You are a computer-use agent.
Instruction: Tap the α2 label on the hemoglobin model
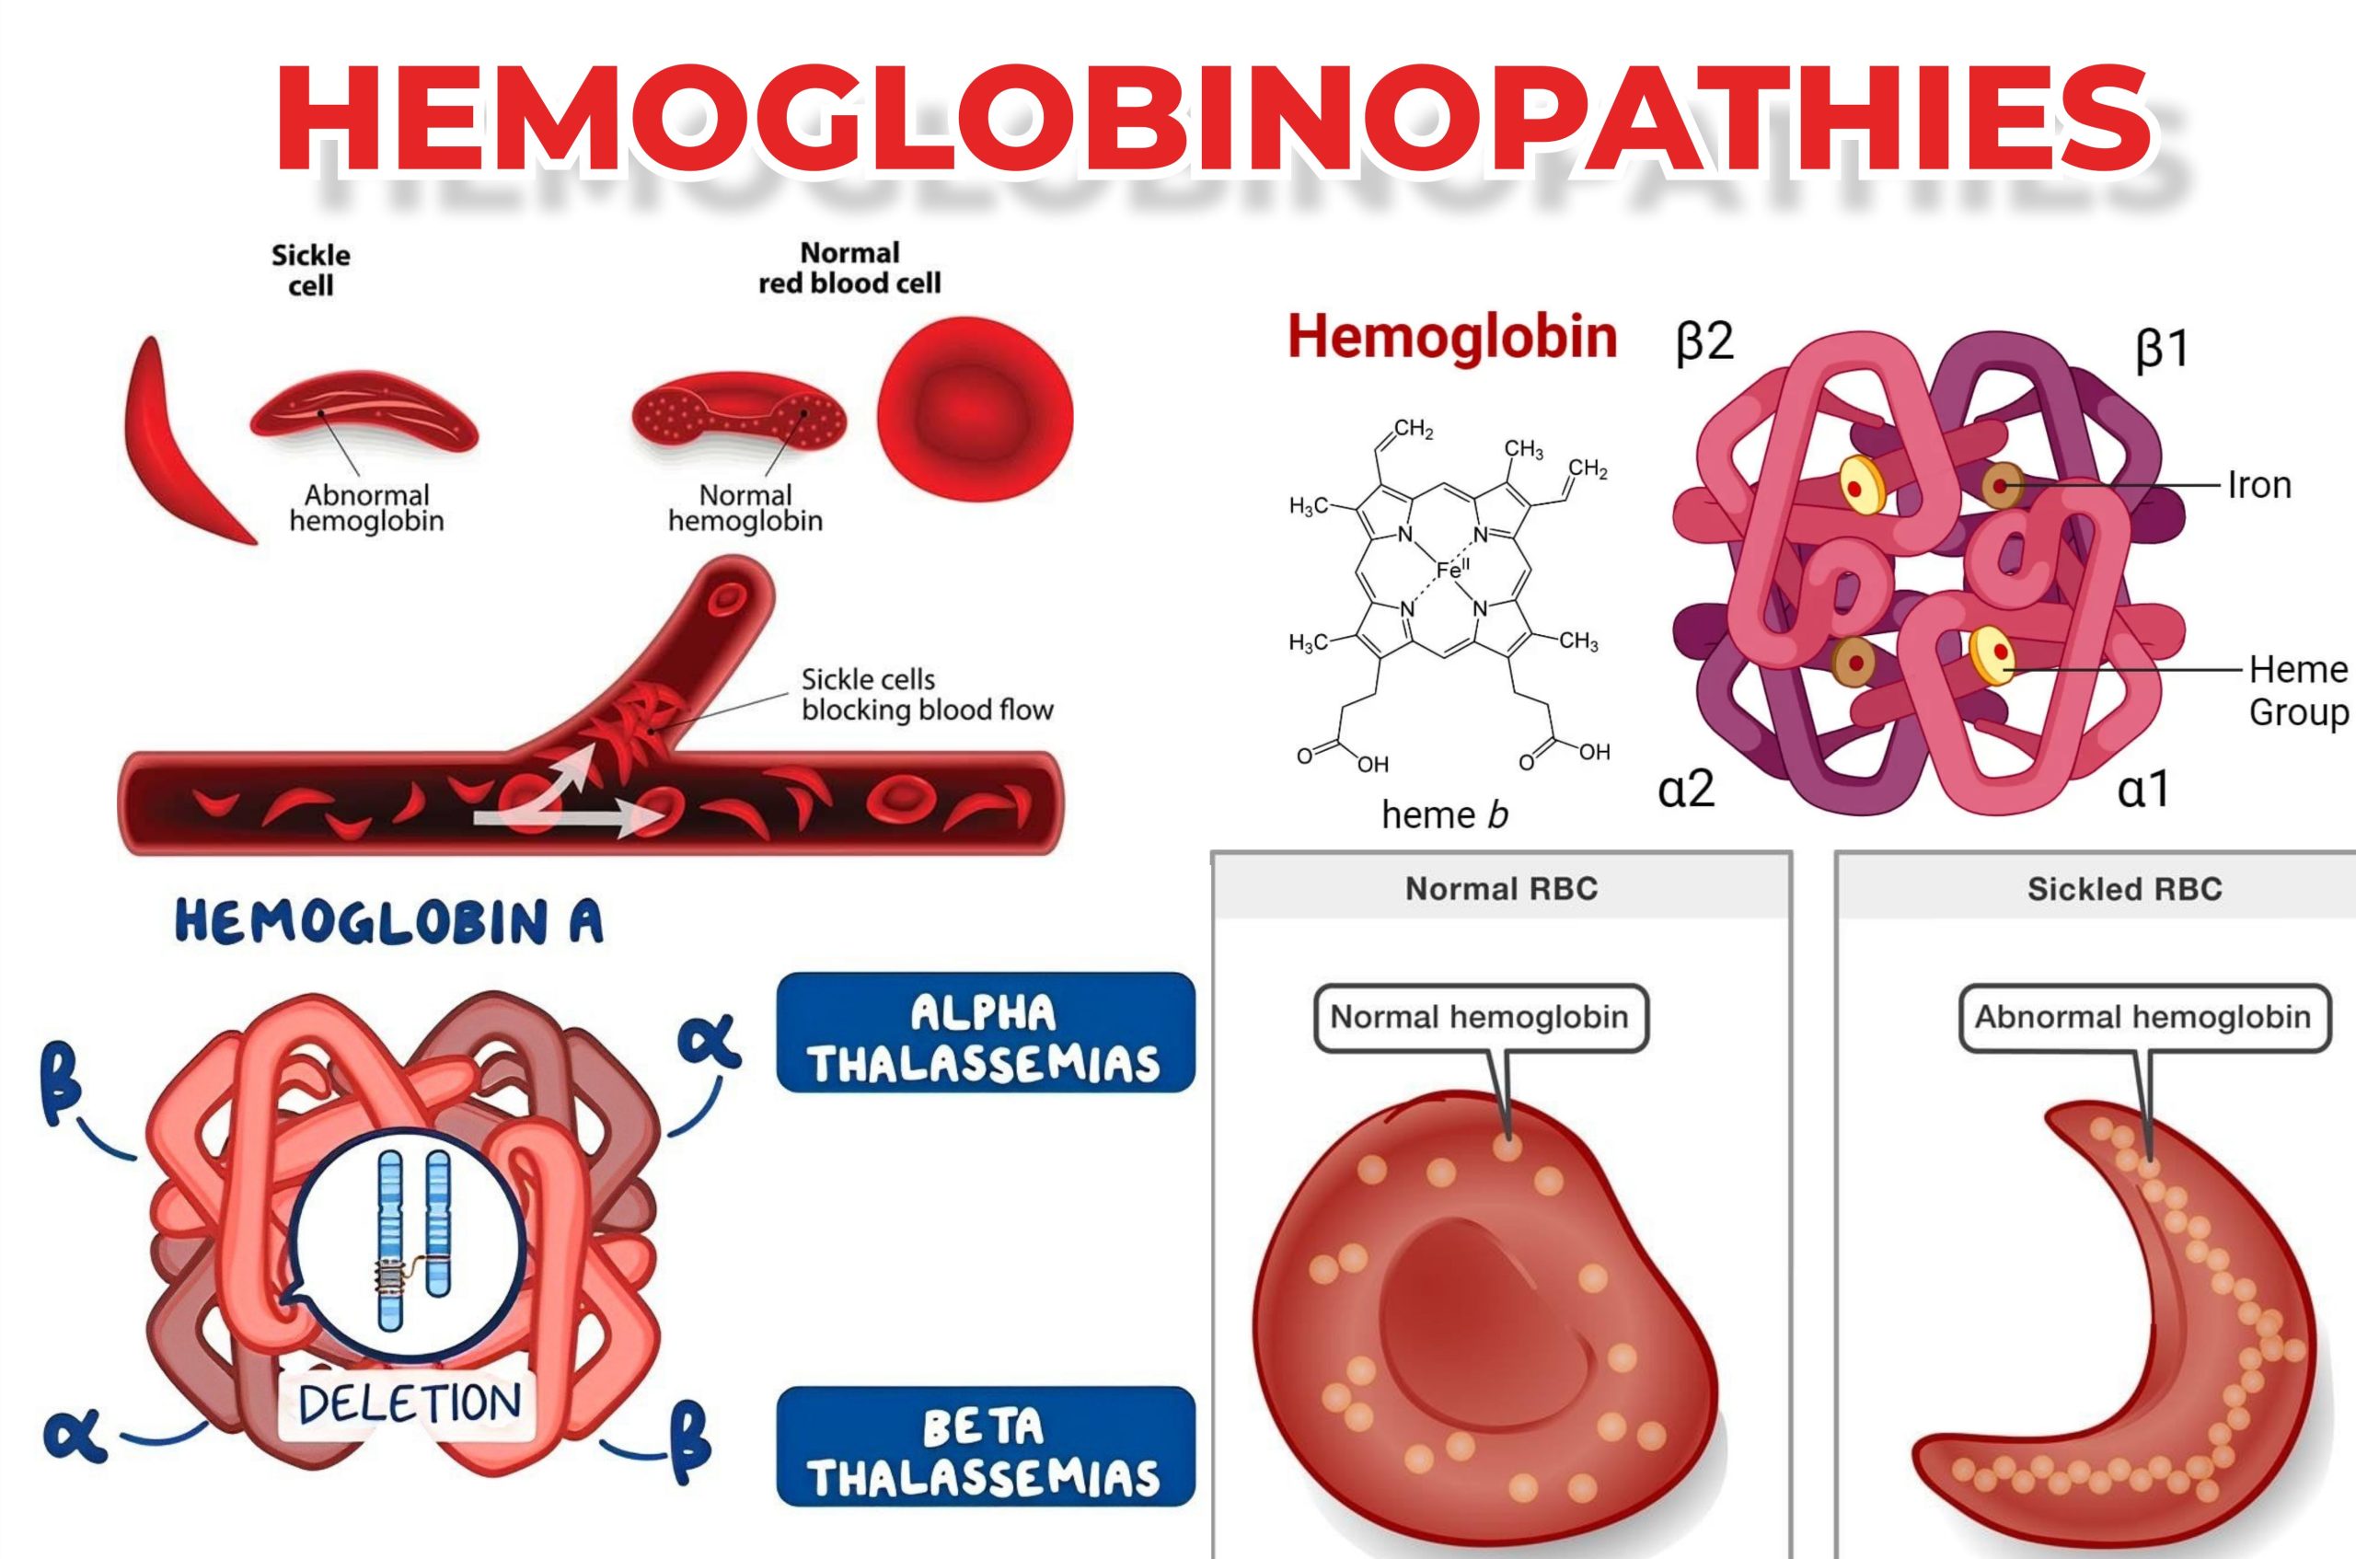tap(1687, 789)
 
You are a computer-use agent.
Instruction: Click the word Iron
tap(2258, 485)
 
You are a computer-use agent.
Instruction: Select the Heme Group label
tap(2297, 690)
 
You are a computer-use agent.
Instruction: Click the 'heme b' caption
tap(1444, 815)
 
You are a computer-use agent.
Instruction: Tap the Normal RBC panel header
tap(1501, 888)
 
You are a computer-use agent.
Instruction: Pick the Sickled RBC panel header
tap(2124, 888)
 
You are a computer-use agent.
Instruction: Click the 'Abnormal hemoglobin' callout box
tap(2142, 1017)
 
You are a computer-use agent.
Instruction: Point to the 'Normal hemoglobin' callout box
tap(1479, 1017)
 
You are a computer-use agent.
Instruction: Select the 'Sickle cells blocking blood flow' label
tap(926, 694)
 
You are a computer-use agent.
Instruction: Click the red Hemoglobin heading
tap(1451, 337)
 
